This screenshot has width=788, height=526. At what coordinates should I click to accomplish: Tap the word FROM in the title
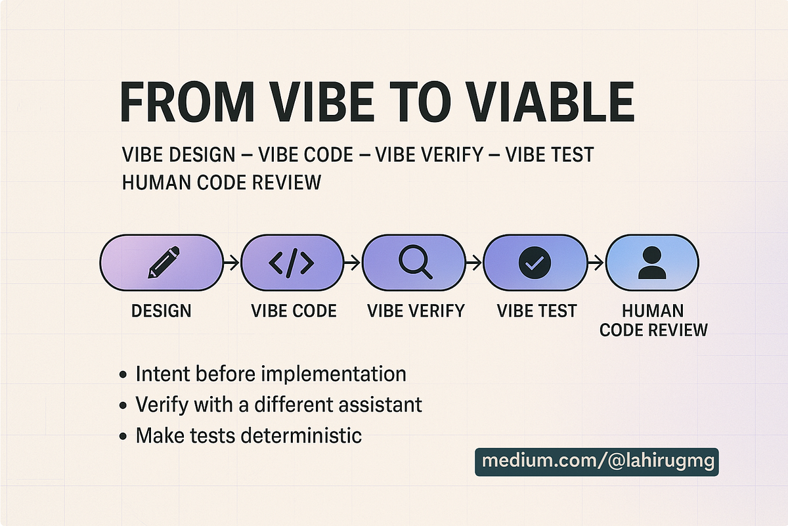point(186,102)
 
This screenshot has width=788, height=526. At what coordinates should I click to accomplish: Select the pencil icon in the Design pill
point(164,263)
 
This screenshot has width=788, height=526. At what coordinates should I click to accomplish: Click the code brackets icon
point(292,263)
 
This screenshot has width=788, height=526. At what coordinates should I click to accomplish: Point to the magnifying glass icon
point(415,262)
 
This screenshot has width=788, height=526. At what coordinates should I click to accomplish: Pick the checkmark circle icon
point(535,263)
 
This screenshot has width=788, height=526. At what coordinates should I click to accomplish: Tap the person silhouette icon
point(652,263)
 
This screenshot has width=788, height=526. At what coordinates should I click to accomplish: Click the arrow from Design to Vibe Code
point(232,263)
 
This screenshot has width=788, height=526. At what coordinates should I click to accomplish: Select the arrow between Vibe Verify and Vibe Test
point(474,263)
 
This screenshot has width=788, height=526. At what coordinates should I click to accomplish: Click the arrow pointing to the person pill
point(596,263)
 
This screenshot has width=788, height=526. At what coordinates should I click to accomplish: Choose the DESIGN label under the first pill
point(161,311)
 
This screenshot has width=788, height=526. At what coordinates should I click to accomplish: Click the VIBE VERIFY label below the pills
point(416,311)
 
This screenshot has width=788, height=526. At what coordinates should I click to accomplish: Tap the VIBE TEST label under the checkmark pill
point(537,311)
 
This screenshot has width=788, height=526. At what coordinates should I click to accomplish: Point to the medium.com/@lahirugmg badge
point(597,462)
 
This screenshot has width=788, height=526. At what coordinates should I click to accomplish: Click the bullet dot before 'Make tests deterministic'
point(123,437)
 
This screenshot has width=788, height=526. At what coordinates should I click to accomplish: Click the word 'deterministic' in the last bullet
point(301,435)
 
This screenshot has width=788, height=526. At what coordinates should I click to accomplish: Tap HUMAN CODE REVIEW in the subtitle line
point(222,183)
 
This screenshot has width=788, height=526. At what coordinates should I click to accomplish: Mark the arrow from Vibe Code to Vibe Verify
point(352,263)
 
